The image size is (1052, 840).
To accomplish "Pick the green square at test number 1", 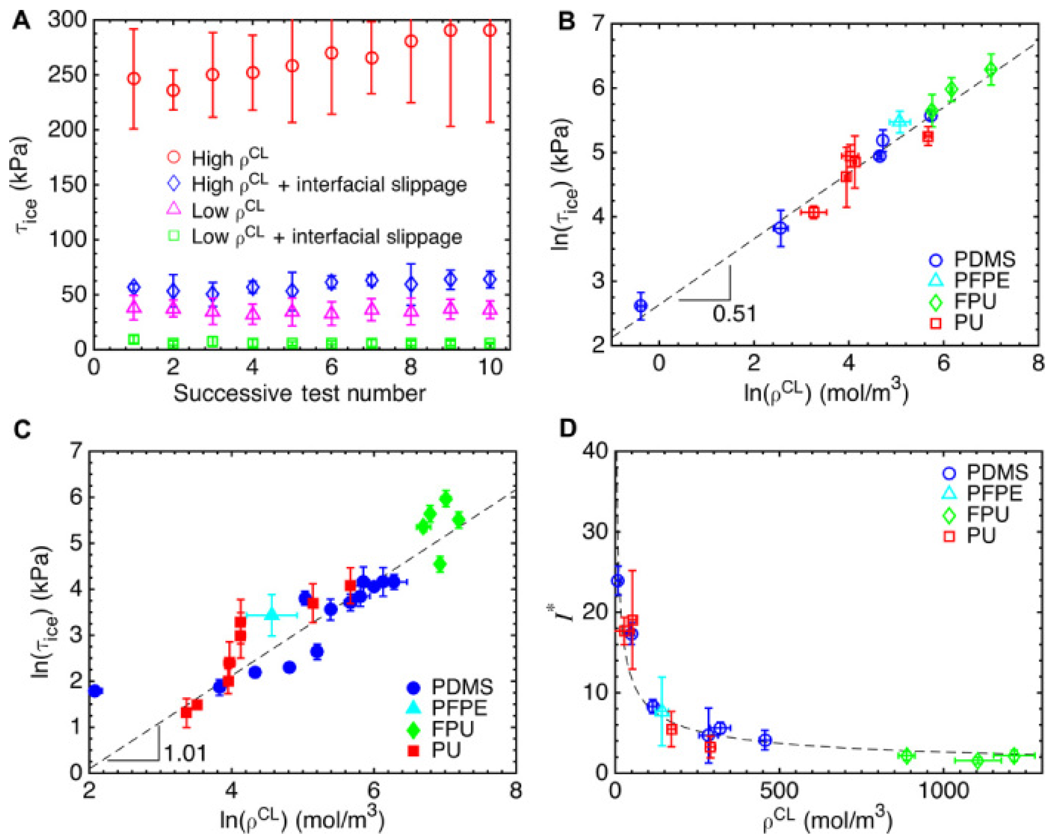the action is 134,339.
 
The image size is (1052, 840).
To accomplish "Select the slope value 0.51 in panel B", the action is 734,313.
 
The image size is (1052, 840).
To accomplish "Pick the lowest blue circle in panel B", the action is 641,306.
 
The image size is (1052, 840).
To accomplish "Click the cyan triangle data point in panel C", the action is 272,614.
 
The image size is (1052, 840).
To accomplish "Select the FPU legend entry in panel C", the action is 439,729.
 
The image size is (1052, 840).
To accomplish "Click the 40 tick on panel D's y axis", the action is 595,451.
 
